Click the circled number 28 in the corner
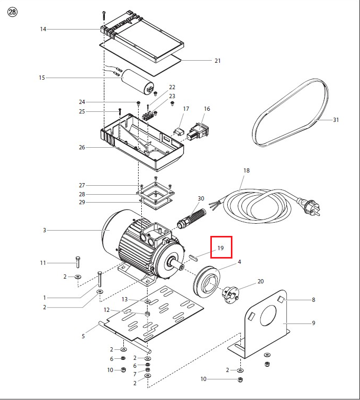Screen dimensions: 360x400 pyautogui.click(x=13, y=12)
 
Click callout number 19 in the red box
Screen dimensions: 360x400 pyautogui.click(x=220, y=248)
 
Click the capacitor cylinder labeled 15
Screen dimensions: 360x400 pyautogui.click(x=138, y=82)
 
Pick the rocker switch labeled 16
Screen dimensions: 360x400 pyautogui.click(x=198, y=131)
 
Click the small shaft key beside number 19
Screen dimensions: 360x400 pyautogui.click(x=193, y=258)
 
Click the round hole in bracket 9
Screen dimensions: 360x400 pyautogui.click(x=268, y=316)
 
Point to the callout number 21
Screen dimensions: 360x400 pyautogui.click(x=217, y=61)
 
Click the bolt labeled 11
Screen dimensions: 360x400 pyautogui.click(x=77, y=262)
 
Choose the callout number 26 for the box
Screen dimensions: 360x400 pyautogui.click(x=82, y=147)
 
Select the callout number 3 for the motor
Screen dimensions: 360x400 pyautogui.click(x=45, y=230)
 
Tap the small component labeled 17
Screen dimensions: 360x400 pyautogui.click(x=179, y=132)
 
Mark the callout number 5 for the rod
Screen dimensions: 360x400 pyautogui.click(x=83, y=336)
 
